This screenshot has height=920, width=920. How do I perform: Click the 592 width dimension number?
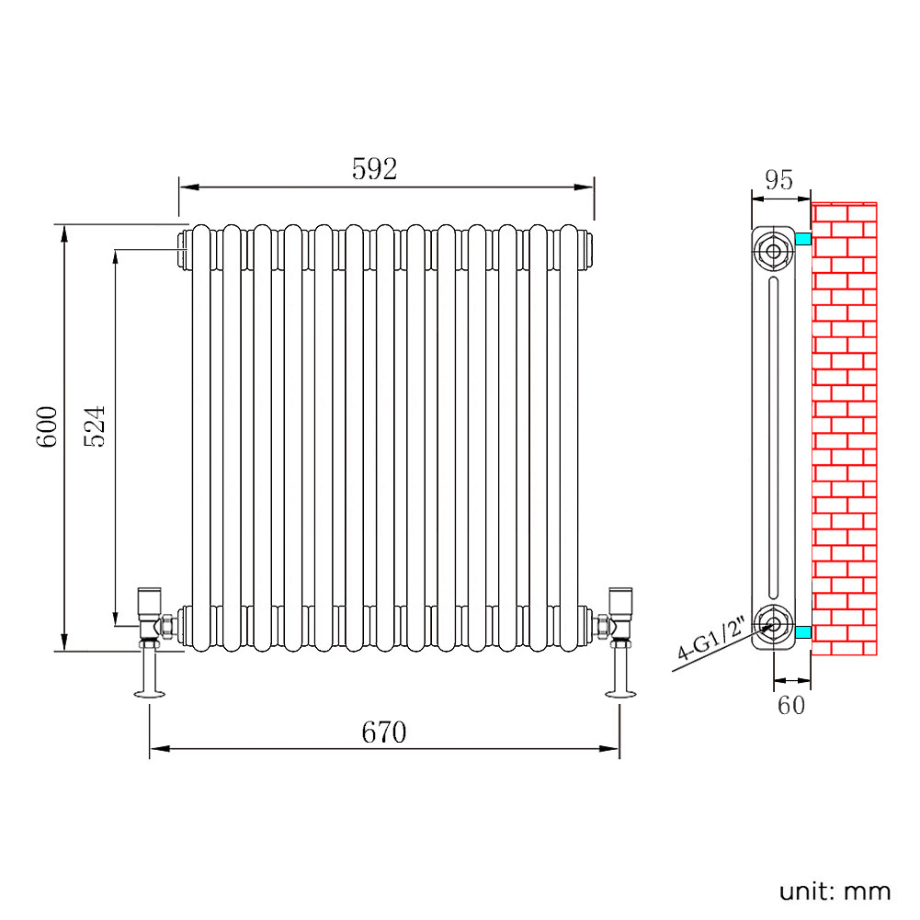click(374, 169)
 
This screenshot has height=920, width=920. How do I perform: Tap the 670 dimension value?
click(384, 733)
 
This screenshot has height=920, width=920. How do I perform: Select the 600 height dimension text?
click(47, 427)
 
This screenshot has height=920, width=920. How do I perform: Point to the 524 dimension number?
click(95, 426)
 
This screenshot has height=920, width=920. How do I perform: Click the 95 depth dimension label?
click(779, 180)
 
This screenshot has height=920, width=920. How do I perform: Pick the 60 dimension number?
click(791, 705)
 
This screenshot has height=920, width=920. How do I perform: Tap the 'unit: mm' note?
click(835, 892)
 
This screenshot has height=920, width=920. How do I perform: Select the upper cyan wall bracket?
click(803, 239)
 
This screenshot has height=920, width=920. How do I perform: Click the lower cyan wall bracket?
click(803, 632)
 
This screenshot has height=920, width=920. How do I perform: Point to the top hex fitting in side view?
click(773, 252)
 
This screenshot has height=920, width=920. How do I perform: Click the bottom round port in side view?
click(773, 624)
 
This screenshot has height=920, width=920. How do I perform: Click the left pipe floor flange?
click(150, 694)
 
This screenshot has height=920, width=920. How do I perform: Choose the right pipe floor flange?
click(620, 694)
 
